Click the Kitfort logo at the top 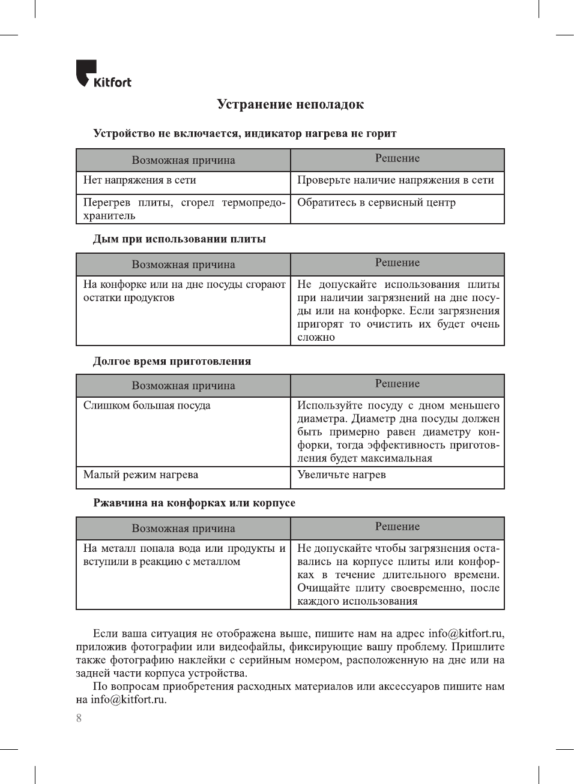pyautogui.click(x=103, y=74)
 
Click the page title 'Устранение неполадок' pyautogui.click(x=290, y=104)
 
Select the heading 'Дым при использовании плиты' pyautogui.click(x=179, y=239)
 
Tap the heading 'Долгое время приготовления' pyautogui.click(x=172, y=361)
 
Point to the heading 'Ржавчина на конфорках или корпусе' pyautogui.click(x=194, y=503)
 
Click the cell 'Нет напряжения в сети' pyautogui.click(x=139, y=180)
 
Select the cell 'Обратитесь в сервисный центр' pyautogui.click(x=376, y=203)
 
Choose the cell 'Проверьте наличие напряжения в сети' pyautogui.click(x=396, y=180)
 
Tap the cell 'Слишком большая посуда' pyautogui.click(x=147, y=405)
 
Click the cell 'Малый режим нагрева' pyautogui.click(x=140, y=474)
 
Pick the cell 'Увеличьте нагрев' pyautogui.click(x=341, y=474)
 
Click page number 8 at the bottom pyautogui.click(x=79, y=718)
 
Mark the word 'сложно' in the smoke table pyautogui.click(x=316, y=337)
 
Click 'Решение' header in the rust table pyautogui.click(x=397, y=527)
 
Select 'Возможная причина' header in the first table pyautogui.click(x=183, y=160)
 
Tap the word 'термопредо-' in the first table pyautogui.click(x=253, y=203)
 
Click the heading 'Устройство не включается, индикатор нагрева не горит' pyautogui.click(x=244, y=133)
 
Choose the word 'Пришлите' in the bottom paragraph pyautogui.click(x=478, y=647)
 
